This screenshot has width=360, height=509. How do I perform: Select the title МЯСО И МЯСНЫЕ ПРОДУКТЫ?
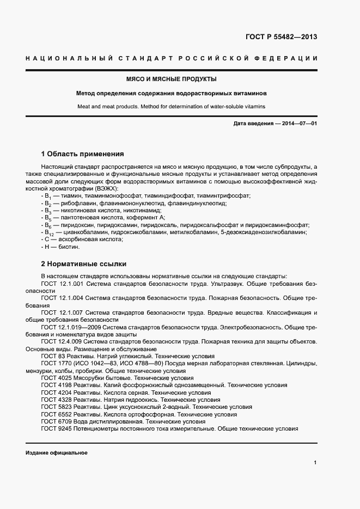172,79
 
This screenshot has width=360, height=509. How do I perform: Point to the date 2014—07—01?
297,124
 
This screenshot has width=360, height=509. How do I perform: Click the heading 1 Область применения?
83,154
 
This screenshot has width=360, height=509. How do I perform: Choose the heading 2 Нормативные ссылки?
83,263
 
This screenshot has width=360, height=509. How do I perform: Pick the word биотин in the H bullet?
69,247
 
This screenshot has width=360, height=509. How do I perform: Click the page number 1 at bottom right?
315,463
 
